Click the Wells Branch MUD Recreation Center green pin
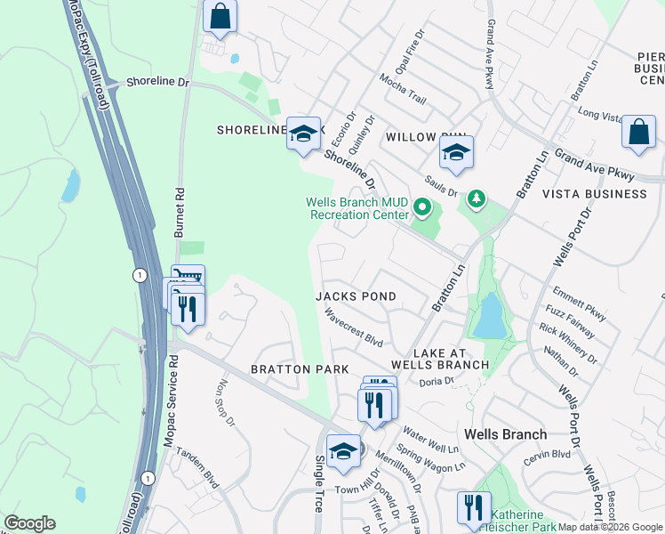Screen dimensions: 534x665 pyautogui.click(x=422, y=209)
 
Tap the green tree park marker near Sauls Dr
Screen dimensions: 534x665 pyautogui.click(x=477, y=198)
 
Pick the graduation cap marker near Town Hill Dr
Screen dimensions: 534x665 pyautogui.click(x=343, y=450)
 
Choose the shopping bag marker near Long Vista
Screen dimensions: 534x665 pyautogui.click(x=638, y=131)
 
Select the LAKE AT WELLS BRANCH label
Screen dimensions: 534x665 pyautogui.click(x=439, y=359)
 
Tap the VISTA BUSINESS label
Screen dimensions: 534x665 pyautogui.click(x=594, y=193)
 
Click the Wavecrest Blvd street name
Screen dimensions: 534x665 pyautogui.click(x=353, y=328)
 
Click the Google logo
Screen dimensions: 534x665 pyautogui.click(x=29, y=523)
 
